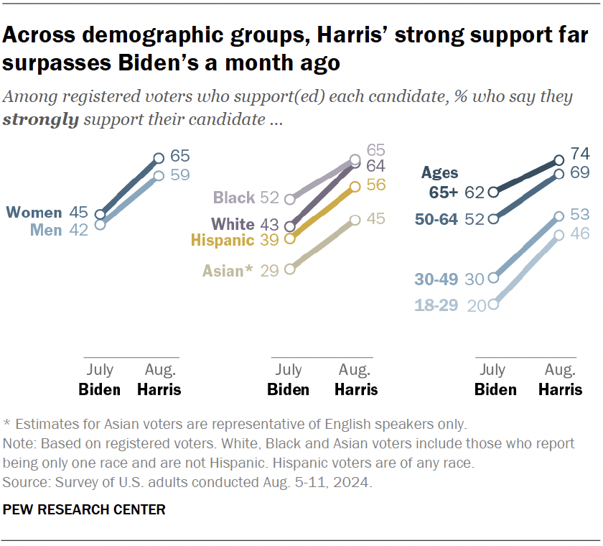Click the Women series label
[x=34, y=213]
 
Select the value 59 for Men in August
[x=180, y=175]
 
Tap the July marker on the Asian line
[x=289, y=269]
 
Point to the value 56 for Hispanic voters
[x=376, y=185]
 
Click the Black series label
[x=234, y=198]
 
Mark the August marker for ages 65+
[x=559, y=160]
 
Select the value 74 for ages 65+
[x=580, y=153]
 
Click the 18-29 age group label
[x=436, y=305]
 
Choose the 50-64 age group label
[x=439, y=220]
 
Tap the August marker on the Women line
[x=159, y=158]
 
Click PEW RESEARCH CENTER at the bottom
[x=85, y=510]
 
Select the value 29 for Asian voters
[x=269, y=270]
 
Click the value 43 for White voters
[x=269, y=224]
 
